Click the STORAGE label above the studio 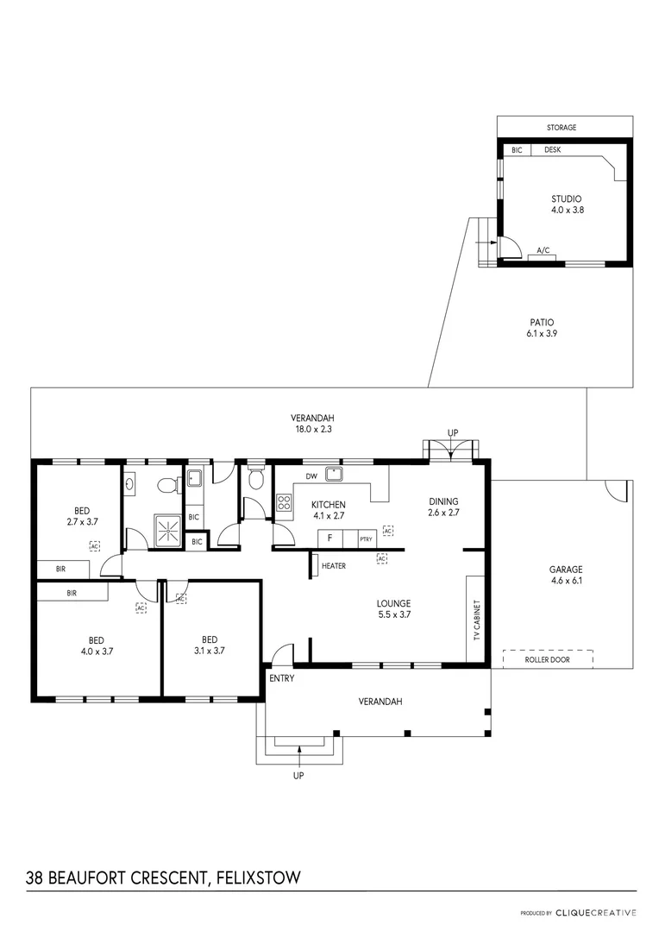(x=562, y=128)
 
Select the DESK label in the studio (x=553, y=149)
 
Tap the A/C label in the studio (x=543, y=250)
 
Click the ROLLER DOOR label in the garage (x=548, y=659)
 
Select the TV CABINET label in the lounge (x=476, y=619)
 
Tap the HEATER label (x=333, y=566)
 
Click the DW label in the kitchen (x=311, y=475)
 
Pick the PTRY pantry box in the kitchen (x=366, y=539)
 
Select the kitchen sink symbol (x=334, y=473)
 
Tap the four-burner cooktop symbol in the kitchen (x=284, y=503)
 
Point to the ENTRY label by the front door (x=282, y=678)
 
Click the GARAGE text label (x=566, y=570)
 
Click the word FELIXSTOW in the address (x=258, y=878)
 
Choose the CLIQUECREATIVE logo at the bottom (x=596, y=912)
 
